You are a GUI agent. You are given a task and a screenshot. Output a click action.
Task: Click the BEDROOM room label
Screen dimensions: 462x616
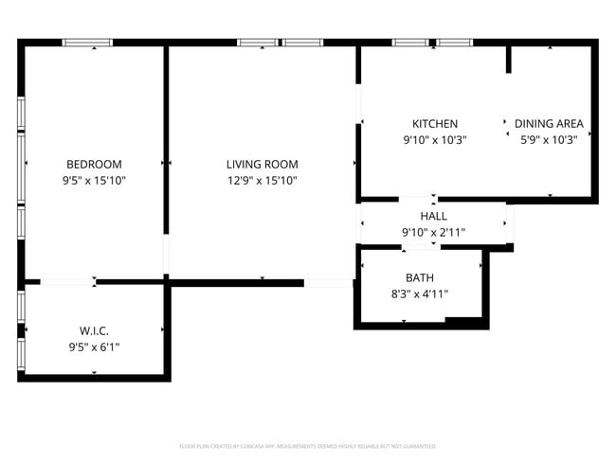[x=94, y=164]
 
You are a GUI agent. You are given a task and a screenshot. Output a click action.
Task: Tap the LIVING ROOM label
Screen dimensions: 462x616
[x=263, y=164]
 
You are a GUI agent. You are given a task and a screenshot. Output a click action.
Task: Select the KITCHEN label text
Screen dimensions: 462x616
[x=435, y=124]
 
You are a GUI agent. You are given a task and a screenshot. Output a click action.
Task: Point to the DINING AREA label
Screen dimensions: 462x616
[x=549, y=124]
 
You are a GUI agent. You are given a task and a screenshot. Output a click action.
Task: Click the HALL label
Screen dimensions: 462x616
[x=433, y=216]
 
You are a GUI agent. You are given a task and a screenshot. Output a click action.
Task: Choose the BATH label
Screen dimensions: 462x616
[x=419, y=277]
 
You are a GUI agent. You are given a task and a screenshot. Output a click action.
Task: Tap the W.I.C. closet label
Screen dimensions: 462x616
[x=94, y=330]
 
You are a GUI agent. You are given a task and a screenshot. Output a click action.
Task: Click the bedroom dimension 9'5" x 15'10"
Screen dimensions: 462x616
[x=94, y=180]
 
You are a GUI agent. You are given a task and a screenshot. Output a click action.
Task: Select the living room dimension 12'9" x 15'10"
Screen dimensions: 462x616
[x=263, y=180]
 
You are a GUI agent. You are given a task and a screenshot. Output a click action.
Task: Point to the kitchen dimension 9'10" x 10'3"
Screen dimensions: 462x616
[x=435, y=139]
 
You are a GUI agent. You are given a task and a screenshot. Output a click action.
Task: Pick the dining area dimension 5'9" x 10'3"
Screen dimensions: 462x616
[x=549, y=139]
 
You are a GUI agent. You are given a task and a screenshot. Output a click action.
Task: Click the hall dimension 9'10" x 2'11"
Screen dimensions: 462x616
[x=433, y=232]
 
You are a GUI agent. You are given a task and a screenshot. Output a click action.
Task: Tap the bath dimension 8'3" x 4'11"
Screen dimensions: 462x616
[x=419, y=293]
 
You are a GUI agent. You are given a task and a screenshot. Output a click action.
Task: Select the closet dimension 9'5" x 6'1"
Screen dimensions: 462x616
[x=94, y=346]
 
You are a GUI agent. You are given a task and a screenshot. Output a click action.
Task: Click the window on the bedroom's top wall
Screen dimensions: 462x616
[x=87, y=43]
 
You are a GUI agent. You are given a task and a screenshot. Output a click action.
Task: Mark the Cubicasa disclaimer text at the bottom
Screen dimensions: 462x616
[x=307, y=446]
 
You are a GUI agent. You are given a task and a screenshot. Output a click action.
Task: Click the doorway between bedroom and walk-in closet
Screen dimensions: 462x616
[x=67, y=281]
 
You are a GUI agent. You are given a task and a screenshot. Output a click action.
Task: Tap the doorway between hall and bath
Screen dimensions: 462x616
[x=420, y=246]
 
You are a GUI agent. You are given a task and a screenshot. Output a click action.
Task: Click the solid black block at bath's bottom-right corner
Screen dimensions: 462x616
[x=466, y=323]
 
